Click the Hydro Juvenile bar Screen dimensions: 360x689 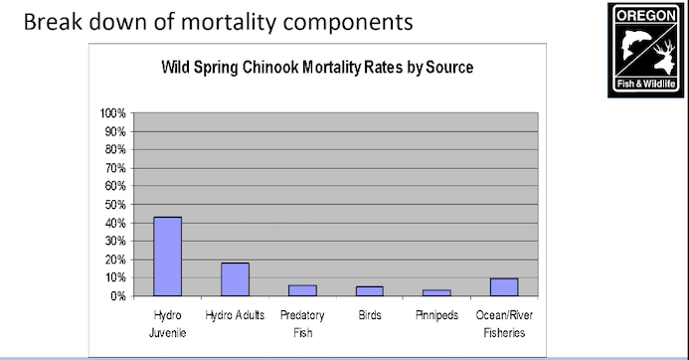(167, 256)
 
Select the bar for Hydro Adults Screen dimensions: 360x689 (235, 278)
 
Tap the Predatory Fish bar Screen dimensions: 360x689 (302, 290)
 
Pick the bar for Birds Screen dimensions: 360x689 (369, 290)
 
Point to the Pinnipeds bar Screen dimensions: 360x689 (436, 292)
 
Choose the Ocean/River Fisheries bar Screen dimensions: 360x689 (504, 286)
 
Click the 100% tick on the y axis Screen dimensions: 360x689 (111, 112)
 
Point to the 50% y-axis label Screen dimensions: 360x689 (114, 204)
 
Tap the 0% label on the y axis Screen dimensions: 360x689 (117, 295)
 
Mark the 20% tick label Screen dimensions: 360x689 (114, 259)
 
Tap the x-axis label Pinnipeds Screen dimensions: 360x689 (436, 313)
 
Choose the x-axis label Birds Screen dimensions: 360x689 (369, 313)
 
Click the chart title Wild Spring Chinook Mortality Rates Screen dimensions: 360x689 (316, 69)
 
